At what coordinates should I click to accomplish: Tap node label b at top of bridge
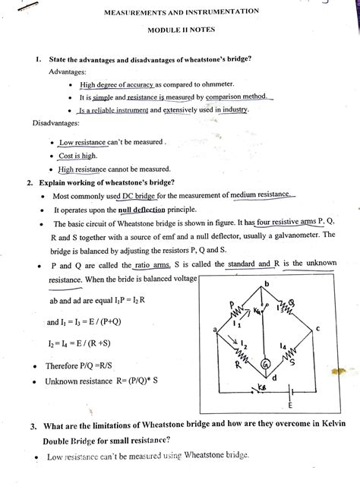click(x=267, y=285)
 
